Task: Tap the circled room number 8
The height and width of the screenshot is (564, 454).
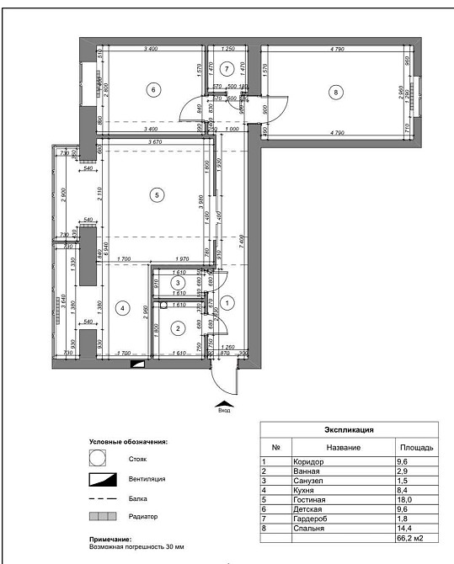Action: [x=336, y=93]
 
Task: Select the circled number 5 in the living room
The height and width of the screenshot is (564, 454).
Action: [x=155, y=195]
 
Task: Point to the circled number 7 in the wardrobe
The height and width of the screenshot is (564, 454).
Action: [x=226, y=68]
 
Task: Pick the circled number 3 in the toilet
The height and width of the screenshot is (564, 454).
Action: [x=179, y=284]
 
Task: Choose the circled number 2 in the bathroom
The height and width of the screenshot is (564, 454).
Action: [x=179, y=327]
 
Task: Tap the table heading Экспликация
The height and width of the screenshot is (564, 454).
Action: [x=349, y=429]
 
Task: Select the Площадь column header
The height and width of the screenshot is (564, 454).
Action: [x=416, y=447]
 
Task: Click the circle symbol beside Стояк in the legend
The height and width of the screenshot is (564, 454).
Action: [x=99, y=460]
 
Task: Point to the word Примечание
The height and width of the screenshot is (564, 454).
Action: [x=111, y=539]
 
